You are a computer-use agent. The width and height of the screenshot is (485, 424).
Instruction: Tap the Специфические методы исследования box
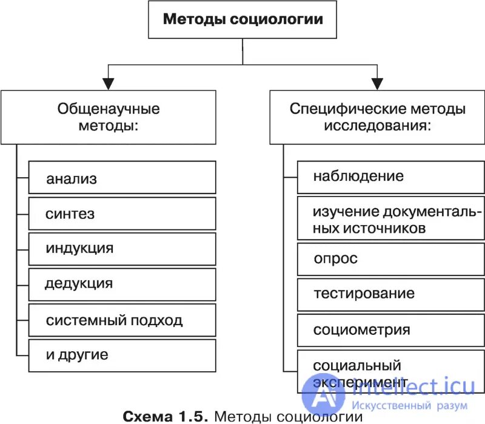coord(377,117)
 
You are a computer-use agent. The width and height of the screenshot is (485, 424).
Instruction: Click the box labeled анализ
coord(122,178)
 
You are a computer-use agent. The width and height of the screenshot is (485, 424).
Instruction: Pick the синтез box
coord(122,214)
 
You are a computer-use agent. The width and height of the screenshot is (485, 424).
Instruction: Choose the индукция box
coord(122,249)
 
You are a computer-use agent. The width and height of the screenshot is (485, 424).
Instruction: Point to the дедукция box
coord(122,284)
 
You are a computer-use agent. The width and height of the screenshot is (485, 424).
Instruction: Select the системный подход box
coord(122,320)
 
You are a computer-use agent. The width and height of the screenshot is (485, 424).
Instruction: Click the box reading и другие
coord(122,355)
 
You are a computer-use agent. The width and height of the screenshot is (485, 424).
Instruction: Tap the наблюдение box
coord(390,177)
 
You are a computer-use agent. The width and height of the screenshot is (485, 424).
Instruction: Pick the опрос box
coord(390,259)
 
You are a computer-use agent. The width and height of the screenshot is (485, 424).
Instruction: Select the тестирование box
coord(390,294)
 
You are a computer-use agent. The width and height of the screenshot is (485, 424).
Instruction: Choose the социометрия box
coord(390,330)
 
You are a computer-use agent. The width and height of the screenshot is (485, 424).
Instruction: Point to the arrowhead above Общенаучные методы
coord(108,84)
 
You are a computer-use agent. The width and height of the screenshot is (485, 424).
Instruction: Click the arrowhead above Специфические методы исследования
coord(378,84)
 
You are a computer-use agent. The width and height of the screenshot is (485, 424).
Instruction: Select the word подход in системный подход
coord(156,320)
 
